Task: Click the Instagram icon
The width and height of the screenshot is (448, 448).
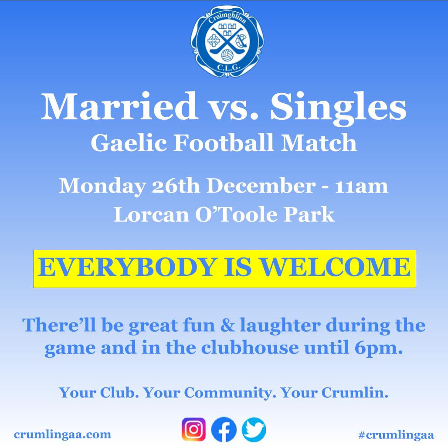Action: point(194,429)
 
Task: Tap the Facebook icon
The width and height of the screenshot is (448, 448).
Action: point(224,429)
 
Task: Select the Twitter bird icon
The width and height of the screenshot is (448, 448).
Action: point(254,429)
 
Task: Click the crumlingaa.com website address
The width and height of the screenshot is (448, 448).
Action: point(63,434)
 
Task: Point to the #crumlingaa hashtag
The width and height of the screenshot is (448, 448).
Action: point(396,435)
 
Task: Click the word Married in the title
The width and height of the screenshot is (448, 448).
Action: point(119,106)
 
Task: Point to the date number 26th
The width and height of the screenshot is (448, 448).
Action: point(176,186)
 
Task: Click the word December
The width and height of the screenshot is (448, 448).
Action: point(261,186)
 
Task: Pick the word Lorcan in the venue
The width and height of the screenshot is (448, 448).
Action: point(151,214)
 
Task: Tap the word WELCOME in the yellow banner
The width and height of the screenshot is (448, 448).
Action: point(336,267)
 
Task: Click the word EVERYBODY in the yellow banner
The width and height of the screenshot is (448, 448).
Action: point(127,267)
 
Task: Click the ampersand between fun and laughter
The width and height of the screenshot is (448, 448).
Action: point(227,326)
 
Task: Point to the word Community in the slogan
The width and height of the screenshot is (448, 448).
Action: point(228,393)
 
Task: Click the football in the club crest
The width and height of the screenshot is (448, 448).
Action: point(227,55)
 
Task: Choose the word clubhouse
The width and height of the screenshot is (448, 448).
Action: point(250,347)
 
